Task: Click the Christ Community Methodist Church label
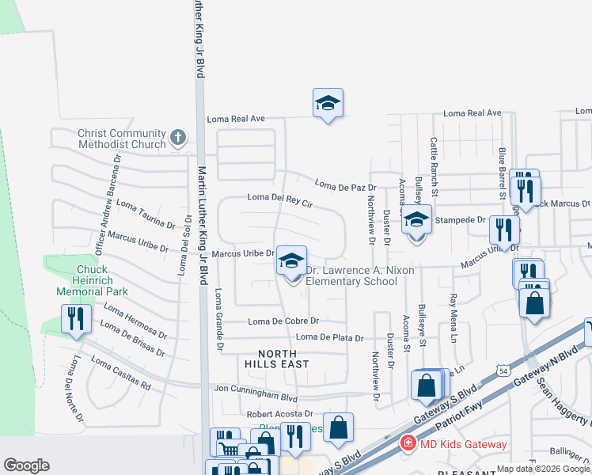click(x=122, y=139)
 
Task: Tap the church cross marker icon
click(x=178, y=138)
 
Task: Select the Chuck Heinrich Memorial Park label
click(x=92, y=280)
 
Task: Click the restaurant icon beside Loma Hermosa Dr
click(x=76, y=319)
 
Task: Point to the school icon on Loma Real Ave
click(x=328, y=104)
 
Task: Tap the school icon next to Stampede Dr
click(x=416, y=220)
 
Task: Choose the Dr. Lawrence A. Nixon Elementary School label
click(x=350, y=275)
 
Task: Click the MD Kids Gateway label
click(x=464, y=444)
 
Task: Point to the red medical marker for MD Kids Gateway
click(x=408, y=443)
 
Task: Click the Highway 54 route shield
click(x=503, y=370)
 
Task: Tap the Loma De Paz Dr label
click(x=345, y=186)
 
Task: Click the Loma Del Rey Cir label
click(x=281, y=199)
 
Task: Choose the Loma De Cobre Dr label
click(x=283, y=321)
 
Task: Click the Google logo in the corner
click(x=27, y=465)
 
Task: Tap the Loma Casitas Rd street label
click(x=120, y=374)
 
